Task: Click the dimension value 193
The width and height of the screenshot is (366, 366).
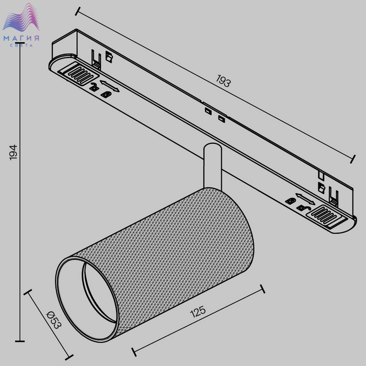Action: click(223, 81)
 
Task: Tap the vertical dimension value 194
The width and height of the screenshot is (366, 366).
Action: click(14, 152)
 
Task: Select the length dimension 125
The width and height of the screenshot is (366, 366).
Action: click(198, 312)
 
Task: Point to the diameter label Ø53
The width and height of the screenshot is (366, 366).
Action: click(54, 320)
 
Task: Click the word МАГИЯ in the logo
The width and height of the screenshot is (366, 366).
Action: click(21, 38)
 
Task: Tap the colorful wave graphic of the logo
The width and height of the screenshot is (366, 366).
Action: click(21, 17)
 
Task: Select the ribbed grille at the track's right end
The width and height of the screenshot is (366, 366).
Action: click(326, 216)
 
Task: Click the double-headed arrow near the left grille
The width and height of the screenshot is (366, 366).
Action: click(110, 86)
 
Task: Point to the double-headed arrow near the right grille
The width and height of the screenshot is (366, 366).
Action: click(305, 199)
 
